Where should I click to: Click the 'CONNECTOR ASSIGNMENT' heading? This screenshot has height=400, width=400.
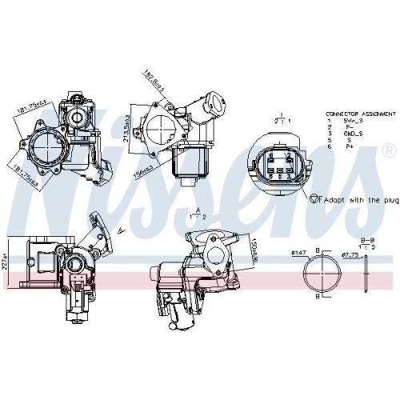354,115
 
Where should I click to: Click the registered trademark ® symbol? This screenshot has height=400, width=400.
388,150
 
